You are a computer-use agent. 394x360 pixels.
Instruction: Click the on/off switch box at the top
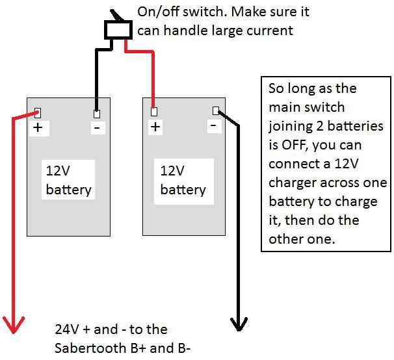point(116,30)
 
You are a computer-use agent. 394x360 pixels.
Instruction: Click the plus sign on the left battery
point(38,127)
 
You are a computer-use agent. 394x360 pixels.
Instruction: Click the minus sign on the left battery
point(96,127)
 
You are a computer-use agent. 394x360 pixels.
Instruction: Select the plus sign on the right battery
point(155,127)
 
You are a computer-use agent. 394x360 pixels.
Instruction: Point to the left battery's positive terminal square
point(38,112)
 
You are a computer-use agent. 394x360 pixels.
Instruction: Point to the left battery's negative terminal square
point(96,112)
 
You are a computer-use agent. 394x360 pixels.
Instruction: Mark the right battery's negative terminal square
point(215,110)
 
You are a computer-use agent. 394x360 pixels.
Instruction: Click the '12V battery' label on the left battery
point(68,181)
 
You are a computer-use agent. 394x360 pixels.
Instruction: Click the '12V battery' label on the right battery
point(183,180)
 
